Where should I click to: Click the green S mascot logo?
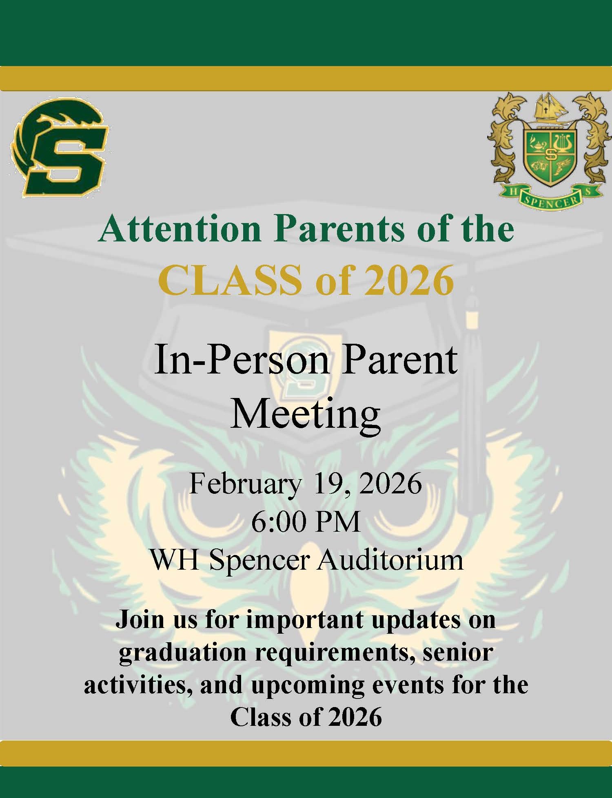coord(60,148)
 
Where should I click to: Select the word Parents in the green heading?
coord(339,229)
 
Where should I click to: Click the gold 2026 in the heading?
coord(409,281)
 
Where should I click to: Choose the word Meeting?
coord(306,414)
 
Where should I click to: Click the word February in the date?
coord(245,484)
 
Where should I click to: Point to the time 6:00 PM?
coord(306,522)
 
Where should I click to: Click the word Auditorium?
coord(390,560)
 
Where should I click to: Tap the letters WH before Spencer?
coord(174,560)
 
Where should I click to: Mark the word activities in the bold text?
coord(137,685)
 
